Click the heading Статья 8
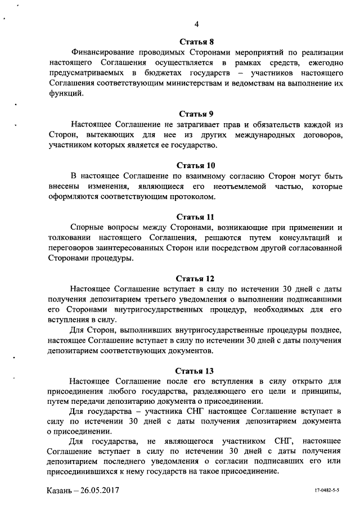196,41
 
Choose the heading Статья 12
196,278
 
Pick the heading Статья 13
196,371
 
